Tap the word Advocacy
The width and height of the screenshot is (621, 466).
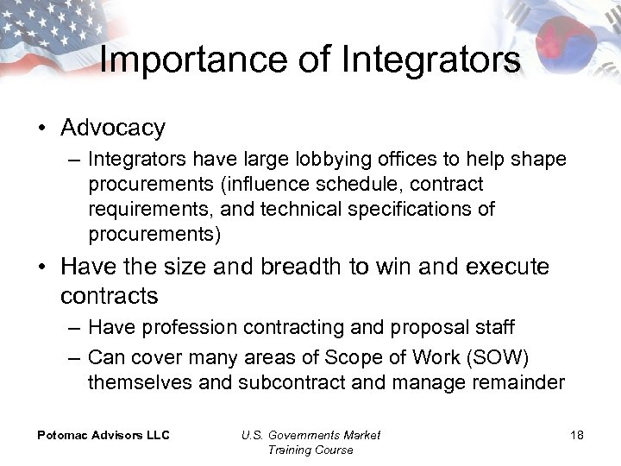(113, 129)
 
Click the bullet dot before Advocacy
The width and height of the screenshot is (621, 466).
(41, 129)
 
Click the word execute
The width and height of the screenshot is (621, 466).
(507, 268)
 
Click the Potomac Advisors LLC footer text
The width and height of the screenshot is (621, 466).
(103, 435)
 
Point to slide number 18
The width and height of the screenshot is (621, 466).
(576, 435)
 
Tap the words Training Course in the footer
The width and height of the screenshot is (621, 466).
(310, 450)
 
